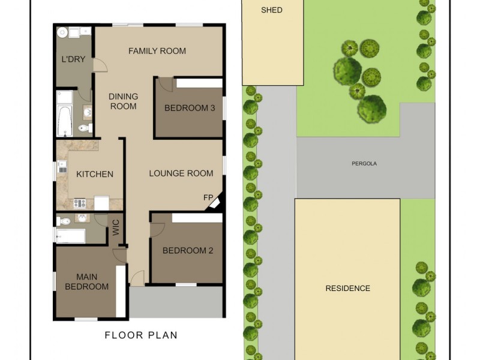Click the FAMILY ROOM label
(x=157, y=51)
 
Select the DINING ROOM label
(x=123, y=101)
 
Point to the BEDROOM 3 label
(x=190, y=108)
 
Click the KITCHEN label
(x=94, y=174)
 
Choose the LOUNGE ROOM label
(x=181, y=173)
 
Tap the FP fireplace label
(x=208, y=197)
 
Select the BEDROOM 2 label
(x=188, y=251)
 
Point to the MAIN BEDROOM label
(x=92, y=282)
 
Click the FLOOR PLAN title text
(x=141, y=335)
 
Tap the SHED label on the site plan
(x=272, y=10)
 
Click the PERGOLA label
(x=364, y=163)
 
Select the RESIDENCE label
(x=347, y=288)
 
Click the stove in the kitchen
(x=80, y=203)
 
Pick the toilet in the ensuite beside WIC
(x=65, y=221)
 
